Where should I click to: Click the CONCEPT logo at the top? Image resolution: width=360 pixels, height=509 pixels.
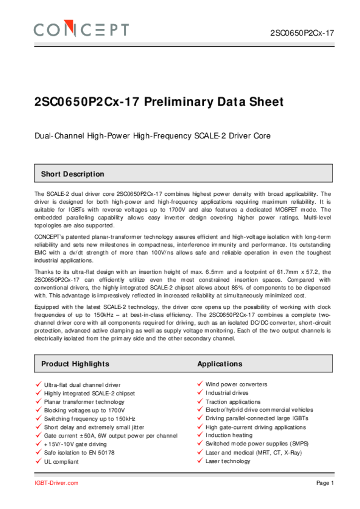(81, 29)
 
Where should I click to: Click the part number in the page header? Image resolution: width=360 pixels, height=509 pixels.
(301, 33)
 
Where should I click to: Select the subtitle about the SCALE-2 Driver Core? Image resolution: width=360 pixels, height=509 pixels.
(152, 135)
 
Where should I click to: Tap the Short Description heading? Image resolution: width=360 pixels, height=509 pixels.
(73, 174)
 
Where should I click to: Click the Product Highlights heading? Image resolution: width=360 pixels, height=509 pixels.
(75, 364)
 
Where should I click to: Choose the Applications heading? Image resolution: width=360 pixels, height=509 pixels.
(220, 364)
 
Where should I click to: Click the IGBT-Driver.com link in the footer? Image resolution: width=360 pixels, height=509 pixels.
(56, 483)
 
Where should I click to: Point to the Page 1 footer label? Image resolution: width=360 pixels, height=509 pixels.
(325, 483)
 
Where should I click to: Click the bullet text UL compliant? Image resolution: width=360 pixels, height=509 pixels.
(61, 462)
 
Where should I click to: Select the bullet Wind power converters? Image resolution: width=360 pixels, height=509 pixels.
(236, 384)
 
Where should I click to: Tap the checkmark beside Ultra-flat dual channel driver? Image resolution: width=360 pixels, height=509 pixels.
(38, 385)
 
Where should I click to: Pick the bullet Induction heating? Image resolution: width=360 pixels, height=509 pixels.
(229, 435)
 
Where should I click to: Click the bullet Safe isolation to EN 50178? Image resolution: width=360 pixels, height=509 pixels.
(79, 453)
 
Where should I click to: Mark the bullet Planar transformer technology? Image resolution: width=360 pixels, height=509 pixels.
(84, 402)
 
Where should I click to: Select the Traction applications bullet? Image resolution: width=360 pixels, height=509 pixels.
(233, 402)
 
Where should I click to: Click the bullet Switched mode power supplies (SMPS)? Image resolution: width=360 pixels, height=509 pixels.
(254, 444)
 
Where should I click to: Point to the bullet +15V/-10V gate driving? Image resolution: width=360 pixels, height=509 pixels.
(75, 444)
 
